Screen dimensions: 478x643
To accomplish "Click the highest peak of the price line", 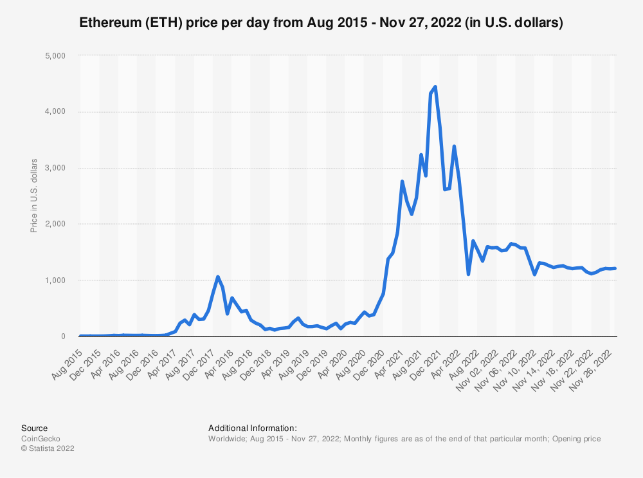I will tap(435, 86).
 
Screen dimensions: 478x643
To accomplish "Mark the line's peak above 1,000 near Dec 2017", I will tap(217, 277).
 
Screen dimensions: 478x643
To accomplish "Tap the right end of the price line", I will tap(615, 268).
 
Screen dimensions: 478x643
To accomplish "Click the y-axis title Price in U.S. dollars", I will tap(34, 195).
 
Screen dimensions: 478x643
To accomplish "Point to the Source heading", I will tap(34, 428).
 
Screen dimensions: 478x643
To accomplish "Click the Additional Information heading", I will tap(253, 428).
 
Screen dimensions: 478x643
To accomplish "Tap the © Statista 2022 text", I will tap(48, 449).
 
